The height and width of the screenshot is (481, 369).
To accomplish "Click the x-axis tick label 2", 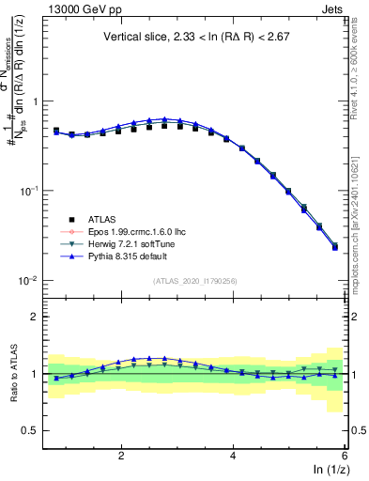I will coord(121,455).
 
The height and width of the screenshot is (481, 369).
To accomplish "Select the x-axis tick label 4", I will coord(233,455).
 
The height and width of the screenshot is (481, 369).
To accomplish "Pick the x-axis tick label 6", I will coord(344,455).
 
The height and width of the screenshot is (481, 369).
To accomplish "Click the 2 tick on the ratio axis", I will coord(34,317).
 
